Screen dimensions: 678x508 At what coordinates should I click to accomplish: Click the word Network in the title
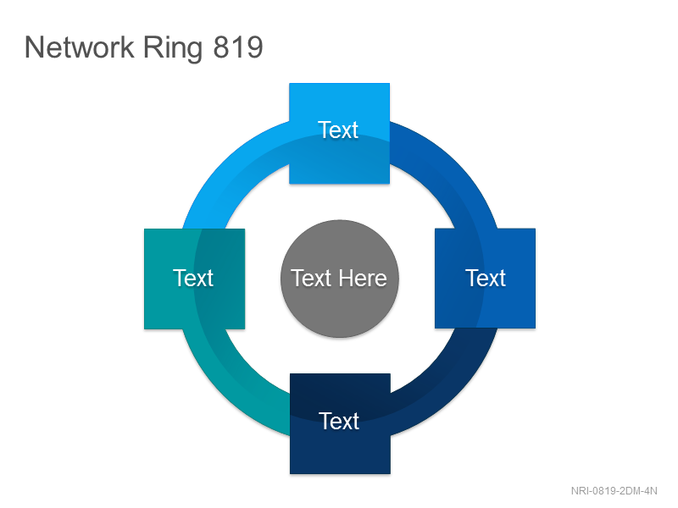[80, 47]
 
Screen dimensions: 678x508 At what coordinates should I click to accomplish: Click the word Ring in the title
[173, 48]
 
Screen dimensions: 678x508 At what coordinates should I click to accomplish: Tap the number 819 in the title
[238, 47]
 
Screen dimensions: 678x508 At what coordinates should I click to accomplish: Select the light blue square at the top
[340, 134]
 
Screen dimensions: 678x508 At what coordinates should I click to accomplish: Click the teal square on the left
[195, 279]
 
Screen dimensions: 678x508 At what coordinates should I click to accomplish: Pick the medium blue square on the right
[485, 279]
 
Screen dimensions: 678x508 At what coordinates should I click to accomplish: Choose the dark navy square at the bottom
[341, 424]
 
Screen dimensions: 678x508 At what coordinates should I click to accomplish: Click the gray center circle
[340, 279]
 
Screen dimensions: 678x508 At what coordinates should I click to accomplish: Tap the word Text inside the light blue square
[338, 130]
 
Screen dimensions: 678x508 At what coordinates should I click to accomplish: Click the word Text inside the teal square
[193, 279]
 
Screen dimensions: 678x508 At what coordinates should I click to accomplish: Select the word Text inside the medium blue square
[486, 279]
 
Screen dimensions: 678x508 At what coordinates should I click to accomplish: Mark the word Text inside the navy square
[339, 421]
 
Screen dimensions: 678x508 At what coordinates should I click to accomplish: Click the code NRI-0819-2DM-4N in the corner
[614, 491]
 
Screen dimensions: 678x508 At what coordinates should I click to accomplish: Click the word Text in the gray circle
[311, 279]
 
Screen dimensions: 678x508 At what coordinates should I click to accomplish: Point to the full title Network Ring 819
[144, 48]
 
